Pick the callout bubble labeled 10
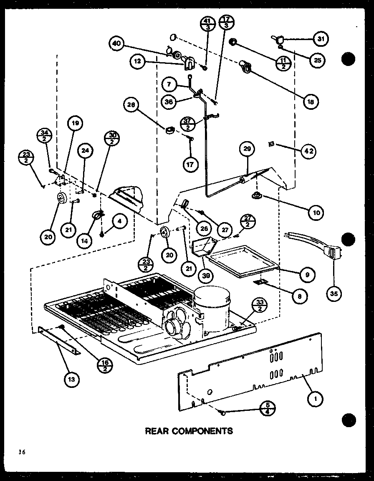pos(316,213)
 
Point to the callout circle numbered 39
pos(207,275)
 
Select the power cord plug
pos(331,253)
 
